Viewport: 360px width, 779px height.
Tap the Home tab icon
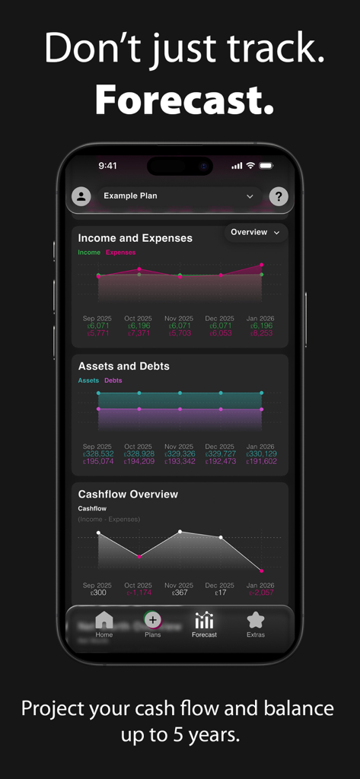(x=104, y=620)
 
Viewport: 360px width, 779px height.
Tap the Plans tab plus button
(x=153, y=620)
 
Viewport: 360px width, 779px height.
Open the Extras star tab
(x=256, y=620)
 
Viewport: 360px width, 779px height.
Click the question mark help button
(x=279, y=196)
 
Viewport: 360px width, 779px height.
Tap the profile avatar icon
(x=81, y=196)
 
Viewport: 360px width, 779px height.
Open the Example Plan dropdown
(x=179, y=196)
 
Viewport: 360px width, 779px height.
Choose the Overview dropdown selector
(x=255, y=232)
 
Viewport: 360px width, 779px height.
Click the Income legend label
(x=89, y=252)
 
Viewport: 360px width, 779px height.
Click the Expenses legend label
(x=120, y=252)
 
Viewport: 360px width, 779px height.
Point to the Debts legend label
(x=113, y=380)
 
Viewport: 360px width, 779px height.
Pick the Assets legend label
(x=88, y=380)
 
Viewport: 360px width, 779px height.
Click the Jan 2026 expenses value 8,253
(x=261, y=333)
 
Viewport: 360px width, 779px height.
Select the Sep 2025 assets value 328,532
(x=97, y=453)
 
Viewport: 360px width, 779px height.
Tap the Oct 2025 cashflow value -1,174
(x=139, y=593)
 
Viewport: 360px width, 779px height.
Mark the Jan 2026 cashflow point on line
(x=261, y=571)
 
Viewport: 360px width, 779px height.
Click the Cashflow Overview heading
(x=128, y=494)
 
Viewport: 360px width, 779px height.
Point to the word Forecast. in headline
(x=183, y=99)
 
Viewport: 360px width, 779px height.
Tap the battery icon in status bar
(x=266, y=165)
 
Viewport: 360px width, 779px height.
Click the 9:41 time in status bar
(x=108, y=165)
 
